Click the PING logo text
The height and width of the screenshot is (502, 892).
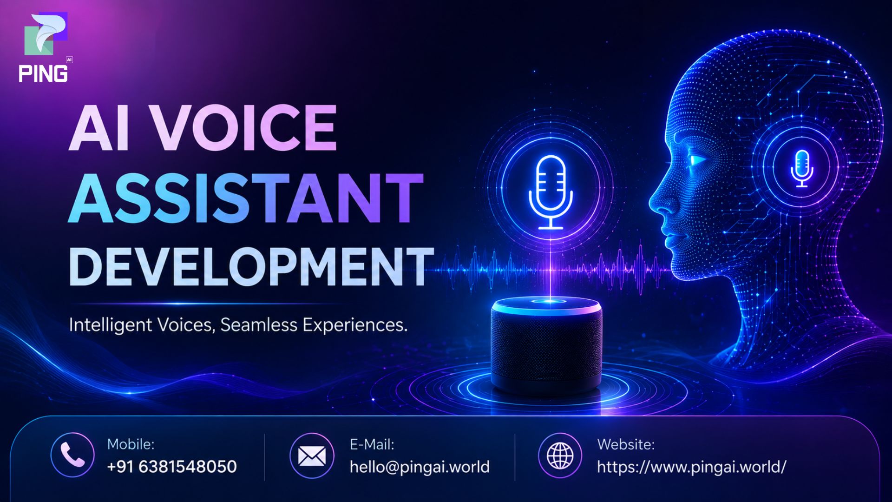click(x=43, y=74)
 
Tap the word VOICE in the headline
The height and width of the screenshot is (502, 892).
click(x=245, y=127)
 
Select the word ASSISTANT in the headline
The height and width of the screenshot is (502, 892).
click(x=246, y=198)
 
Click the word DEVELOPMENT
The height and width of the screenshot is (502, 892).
click(x=251, y=266)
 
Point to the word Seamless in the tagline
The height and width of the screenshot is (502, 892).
click(x=259, y=325)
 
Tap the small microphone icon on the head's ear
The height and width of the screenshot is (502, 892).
click(x=802, y=168)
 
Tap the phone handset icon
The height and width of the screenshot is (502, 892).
click(x=72, y=455)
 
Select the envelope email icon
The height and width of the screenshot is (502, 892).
click(x=312, y=456)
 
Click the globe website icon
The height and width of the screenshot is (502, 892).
click(x=560, y=456)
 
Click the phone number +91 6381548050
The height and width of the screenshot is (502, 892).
click(x=172, y=466)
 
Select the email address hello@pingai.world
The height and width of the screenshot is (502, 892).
click(x=420, y=467)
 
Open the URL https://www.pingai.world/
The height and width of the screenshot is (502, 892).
click(x=691, y=467)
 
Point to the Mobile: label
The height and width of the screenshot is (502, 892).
click(x=131, y=444)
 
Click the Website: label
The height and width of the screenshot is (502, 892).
click(x=626, y=444)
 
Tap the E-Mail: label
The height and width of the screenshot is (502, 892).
click(x=372, y=444)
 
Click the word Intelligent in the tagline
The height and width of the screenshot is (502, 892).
click(x=111, y=325)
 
